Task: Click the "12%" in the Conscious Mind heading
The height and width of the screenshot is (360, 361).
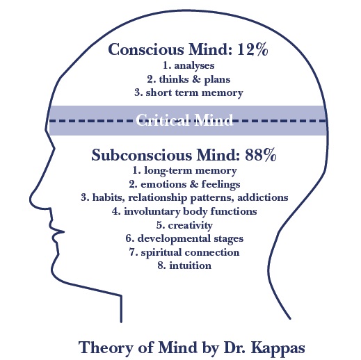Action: click(x=252, y=49)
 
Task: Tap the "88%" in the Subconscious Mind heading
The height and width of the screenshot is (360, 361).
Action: click(x=261, y=155)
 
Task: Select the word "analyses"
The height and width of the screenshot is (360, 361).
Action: click(x=194, y=65)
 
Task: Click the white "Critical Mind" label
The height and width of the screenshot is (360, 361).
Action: click(x=184, y=120)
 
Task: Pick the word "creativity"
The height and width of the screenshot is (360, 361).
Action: click(x=190, y=225)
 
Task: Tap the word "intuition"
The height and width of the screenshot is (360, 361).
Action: click(x=191, y=265)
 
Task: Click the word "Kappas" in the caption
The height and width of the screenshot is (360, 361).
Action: click(x=278, y=348)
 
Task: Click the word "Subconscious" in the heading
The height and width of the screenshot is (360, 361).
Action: click(x=142, y=155)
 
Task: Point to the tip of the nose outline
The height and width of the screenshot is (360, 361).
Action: click(x=30, y=199)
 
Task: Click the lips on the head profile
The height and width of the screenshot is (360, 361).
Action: click(x=58, y=231)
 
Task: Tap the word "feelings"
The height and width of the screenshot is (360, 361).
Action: click(x=220, y=185)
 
